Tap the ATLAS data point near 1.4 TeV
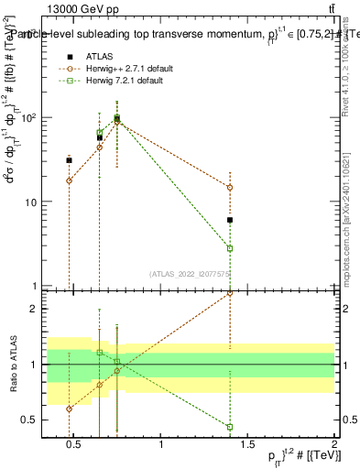click(230, 220)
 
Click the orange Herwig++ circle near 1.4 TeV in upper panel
click(230, 187)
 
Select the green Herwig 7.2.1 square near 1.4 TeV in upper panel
click(230, 248)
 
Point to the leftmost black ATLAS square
click(69, 160)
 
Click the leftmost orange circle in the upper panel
click(69, 180)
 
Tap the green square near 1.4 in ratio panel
click(230, 427)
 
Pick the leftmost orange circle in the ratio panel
click(69, 409)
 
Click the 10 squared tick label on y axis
click(28, 118)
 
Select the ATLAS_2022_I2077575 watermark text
click(187, 274)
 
